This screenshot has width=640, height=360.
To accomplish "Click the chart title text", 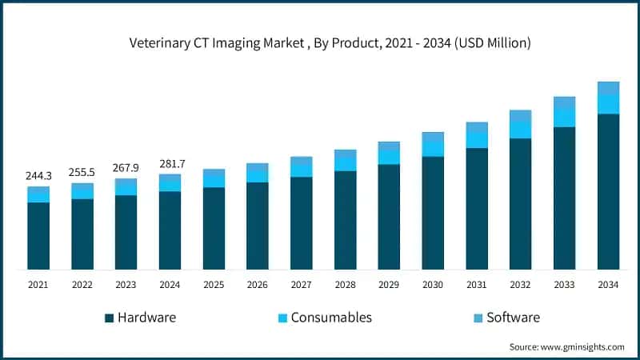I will pos(330,44).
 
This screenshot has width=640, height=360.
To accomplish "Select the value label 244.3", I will pos(38,176).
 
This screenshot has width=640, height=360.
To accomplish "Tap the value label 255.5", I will pos(82,172).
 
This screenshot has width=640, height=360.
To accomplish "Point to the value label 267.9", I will pos(126,168).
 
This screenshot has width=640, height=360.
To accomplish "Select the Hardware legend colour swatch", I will pos(109,318).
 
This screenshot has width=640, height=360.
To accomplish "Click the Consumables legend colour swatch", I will pos(282,318).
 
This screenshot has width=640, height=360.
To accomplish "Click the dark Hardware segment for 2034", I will pos(608,192).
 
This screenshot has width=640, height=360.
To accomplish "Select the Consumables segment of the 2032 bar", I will pos(521,130).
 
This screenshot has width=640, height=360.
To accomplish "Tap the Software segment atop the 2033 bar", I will pos(564,102).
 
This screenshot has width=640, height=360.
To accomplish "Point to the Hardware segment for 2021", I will pos(38,236).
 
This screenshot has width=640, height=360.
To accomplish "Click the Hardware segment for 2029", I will pos(389,217).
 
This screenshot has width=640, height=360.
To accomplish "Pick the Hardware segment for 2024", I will pos(170,230).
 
